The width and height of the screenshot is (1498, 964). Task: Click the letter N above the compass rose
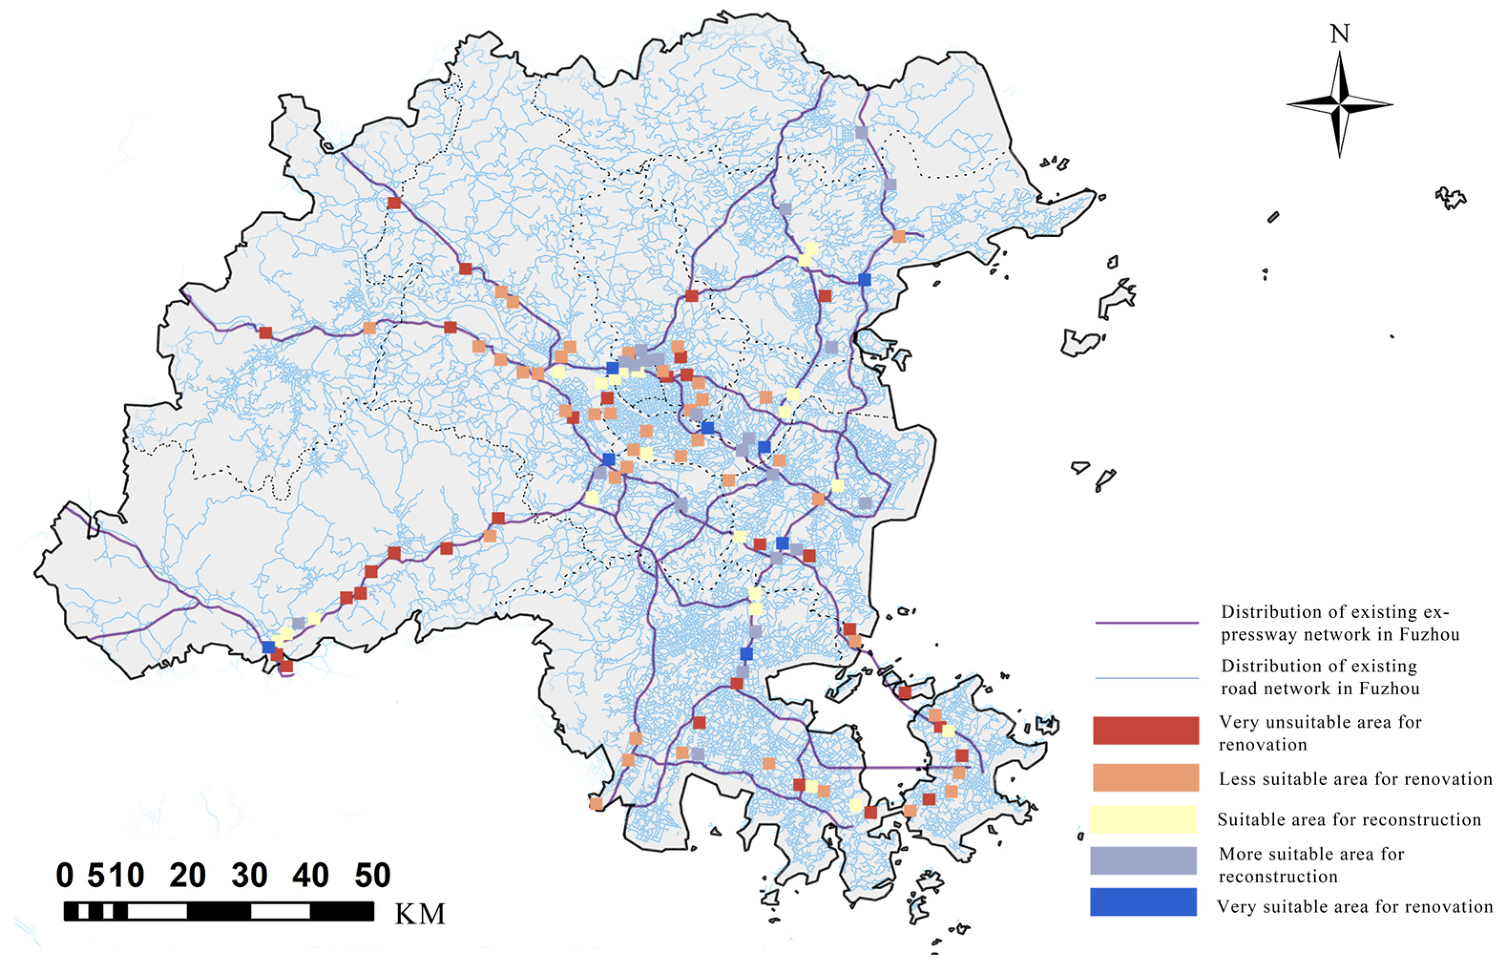1339,34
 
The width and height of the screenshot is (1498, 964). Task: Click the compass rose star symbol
1339,104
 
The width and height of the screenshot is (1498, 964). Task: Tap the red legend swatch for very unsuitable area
1145,730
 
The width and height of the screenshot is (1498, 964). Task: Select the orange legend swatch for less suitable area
1145,778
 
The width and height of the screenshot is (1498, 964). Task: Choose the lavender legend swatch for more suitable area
1143,860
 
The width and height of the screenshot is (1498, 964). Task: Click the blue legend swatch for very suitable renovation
1143,902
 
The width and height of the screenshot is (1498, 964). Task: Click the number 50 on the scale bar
372,875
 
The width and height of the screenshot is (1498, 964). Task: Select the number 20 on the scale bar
187,875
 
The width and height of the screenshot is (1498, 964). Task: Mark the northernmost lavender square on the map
861,133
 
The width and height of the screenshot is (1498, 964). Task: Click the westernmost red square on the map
266,332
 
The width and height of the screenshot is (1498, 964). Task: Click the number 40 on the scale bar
310,875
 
